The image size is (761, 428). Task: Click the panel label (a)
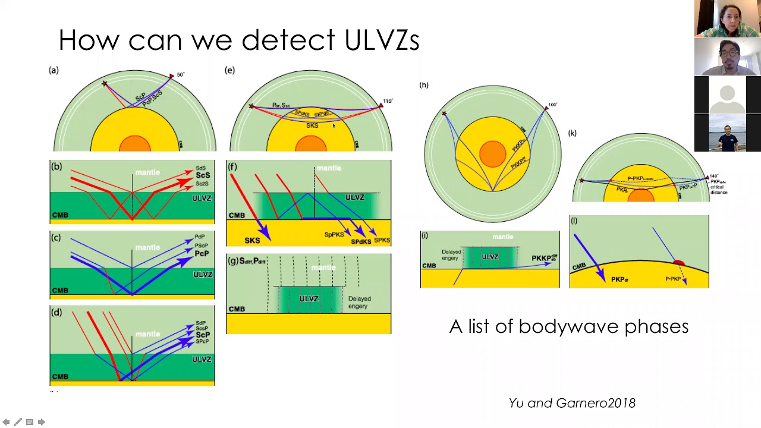(x=54, y=70)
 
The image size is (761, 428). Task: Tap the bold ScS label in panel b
(x=203, y=175)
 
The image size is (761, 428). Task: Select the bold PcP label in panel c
(x=202, y=253)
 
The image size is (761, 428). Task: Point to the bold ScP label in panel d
(x=203, y=335)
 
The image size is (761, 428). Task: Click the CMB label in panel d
(x=60, y=376)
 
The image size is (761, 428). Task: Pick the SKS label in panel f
(x=252, y=240)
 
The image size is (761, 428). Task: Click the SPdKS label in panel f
(x=361, y=241)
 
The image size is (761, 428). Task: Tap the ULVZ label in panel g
(x=309, y=298)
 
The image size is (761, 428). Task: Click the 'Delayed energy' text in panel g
(x=359, y=303)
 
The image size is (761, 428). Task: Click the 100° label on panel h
(x=553, y=105)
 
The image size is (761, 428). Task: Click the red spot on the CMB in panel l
(x=678, y=263)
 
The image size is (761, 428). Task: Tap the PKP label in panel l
(x=620, y=279)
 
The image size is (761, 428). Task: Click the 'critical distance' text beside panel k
(x=719, y=190)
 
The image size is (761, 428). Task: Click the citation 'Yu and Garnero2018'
(x=572, y=403)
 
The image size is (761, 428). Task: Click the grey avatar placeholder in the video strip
(x=727, y=94)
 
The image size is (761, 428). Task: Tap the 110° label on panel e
(x=388, y=101)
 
